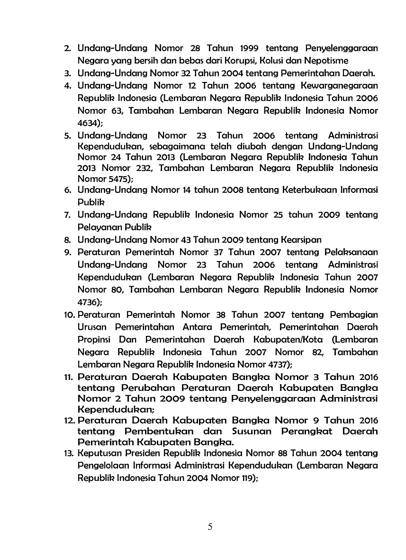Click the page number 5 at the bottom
point(210,527)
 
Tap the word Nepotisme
point(326,61)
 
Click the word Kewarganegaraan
point(339,86)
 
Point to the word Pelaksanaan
point(351,252)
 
